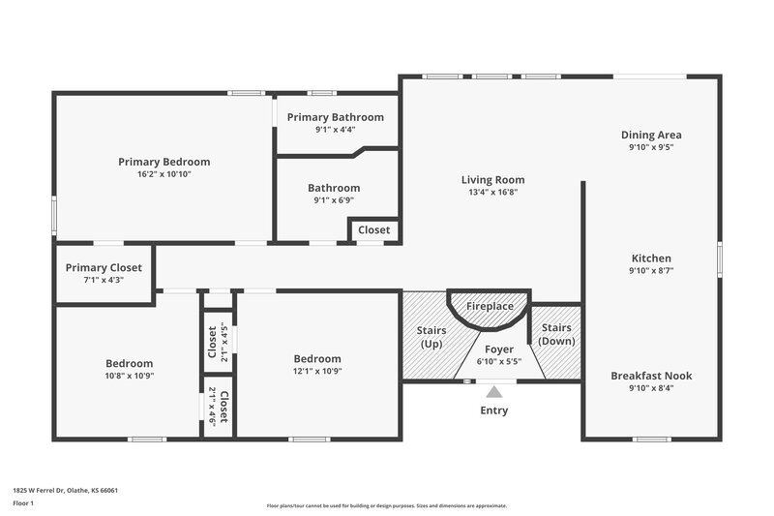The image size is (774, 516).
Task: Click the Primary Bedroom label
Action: [164, 162]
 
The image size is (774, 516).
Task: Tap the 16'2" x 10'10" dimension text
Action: [164, 175]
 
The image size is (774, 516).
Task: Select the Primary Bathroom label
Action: [335, 117]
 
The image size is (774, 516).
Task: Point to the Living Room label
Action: [492, 179]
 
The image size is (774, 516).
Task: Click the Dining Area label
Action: [651, 135]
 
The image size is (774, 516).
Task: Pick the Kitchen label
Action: [651, 258]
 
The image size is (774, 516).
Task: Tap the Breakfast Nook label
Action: [651, 376]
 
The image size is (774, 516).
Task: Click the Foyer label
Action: [498, 349]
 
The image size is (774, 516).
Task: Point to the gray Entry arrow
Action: [494, 392]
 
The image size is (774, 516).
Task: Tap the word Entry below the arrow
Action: [493, 410]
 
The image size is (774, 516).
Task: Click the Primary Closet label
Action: [104, 267]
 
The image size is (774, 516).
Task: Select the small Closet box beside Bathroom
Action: [374, 230]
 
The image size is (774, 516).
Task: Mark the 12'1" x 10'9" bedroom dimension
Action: [317, 370]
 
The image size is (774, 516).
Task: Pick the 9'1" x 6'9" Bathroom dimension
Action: [334, 200]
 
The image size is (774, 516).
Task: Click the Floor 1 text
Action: [23, 503]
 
